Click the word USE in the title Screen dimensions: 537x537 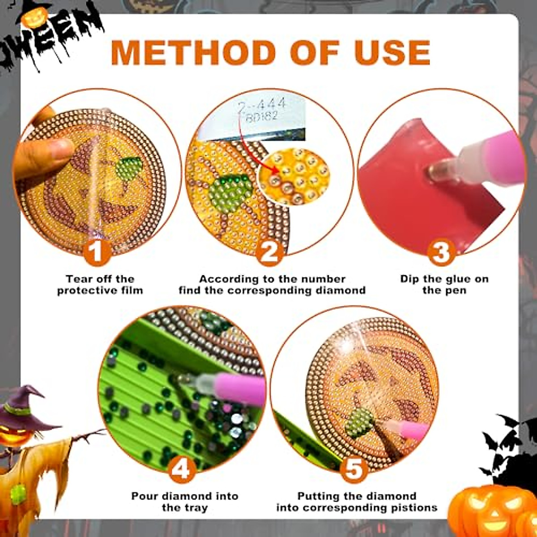click(x=392, y=52)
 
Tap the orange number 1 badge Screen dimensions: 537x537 click(x=97, y=252)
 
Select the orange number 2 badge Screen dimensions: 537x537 click(x=269, y=252)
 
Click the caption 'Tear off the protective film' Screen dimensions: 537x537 click(x=100, y=285)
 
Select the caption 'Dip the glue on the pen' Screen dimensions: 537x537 click(x=444, y=285)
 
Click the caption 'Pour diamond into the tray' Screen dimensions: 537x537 click(x=184, y=502)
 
